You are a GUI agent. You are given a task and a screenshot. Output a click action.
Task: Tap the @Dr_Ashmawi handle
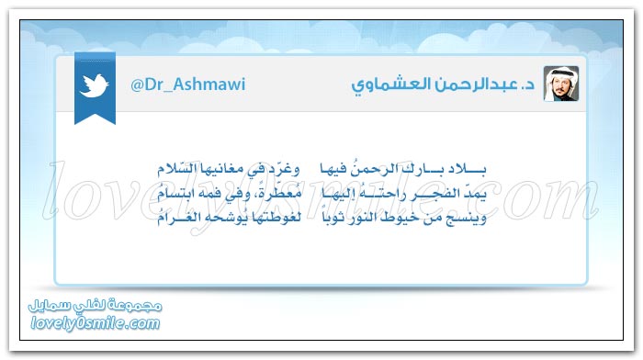(x=184, y=84)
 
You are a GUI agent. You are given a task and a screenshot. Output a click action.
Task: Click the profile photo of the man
(x=560, y=84)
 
